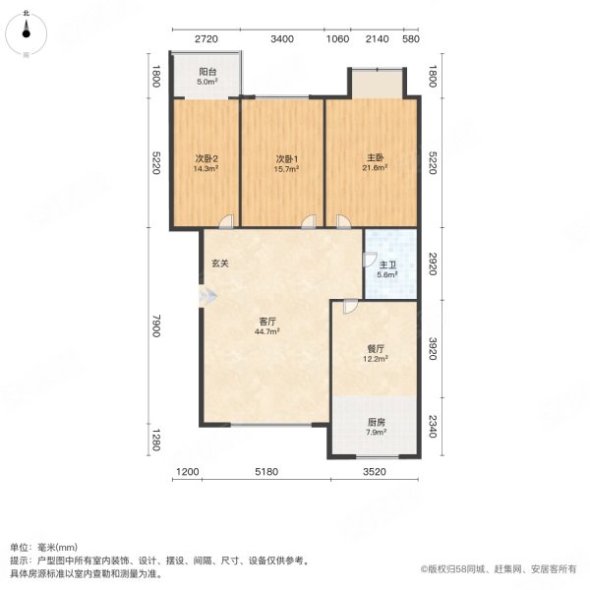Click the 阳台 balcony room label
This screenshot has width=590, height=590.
click(x=206, y=72)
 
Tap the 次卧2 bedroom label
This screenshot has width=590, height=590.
click(x=206, y=159)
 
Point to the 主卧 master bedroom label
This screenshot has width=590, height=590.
click(x=374, y=159)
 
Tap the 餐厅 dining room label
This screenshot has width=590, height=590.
click(x=374, y=347)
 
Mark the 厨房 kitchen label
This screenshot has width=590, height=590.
click(x=374, y=421)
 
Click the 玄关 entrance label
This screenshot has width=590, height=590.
click(x=220, y=264)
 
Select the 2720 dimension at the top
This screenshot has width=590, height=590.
click(x=205, y=39)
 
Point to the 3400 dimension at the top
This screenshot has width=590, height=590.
click(x=282, y=39)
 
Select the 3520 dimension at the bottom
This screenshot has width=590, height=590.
click(x=372, y=473)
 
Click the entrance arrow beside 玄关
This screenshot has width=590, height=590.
click(x=204, y=292)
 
